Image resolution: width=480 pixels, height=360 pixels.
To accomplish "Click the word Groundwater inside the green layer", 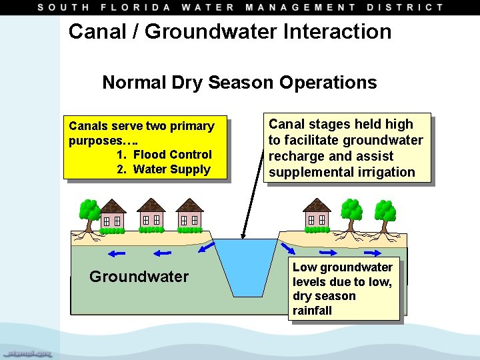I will click(139, 277).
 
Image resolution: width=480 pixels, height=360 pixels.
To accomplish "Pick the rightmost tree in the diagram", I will click(385, 213).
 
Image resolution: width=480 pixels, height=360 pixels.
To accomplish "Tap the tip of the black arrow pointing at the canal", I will click(243, 237).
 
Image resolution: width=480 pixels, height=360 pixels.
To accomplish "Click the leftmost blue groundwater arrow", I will click(117, 253).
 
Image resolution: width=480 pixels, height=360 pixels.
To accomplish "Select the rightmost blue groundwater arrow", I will click(374, 253).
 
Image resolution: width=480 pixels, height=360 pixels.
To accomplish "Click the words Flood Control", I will click(172, 155).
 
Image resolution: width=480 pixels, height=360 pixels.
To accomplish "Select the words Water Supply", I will click(171, 169).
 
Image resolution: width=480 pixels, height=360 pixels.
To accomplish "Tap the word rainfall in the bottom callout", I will click(312, 311).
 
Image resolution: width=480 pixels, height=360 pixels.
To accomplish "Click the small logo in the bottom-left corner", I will click(30, 352).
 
